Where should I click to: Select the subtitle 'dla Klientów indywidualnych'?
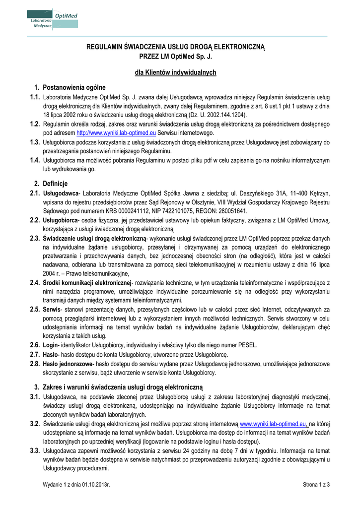176,72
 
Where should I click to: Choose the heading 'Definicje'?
58,184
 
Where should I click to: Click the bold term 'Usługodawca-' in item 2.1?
62,193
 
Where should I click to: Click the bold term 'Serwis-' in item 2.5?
53,309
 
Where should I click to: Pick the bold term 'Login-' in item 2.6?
51,345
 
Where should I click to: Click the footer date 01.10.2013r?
95,485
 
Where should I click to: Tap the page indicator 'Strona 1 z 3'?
316,485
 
